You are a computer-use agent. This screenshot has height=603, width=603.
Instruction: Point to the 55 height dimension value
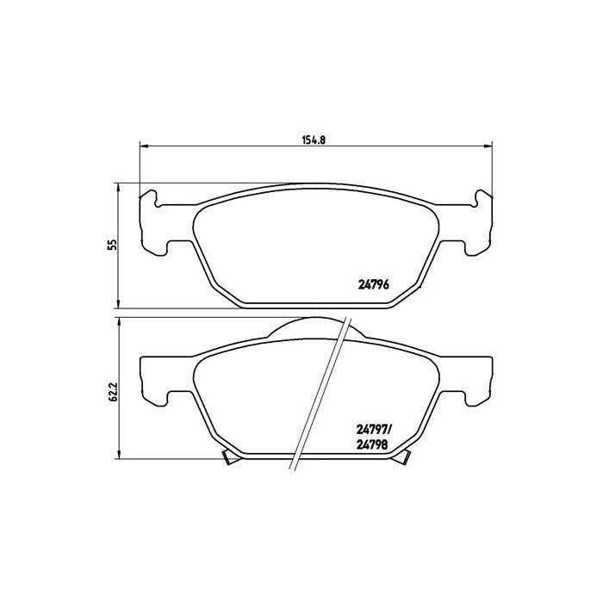[111, 245]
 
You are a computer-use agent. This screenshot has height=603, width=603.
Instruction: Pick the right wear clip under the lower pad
[401, 459]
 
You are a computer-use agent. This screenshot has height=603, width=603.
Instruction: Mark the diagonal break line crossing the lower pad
[320, 396]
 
